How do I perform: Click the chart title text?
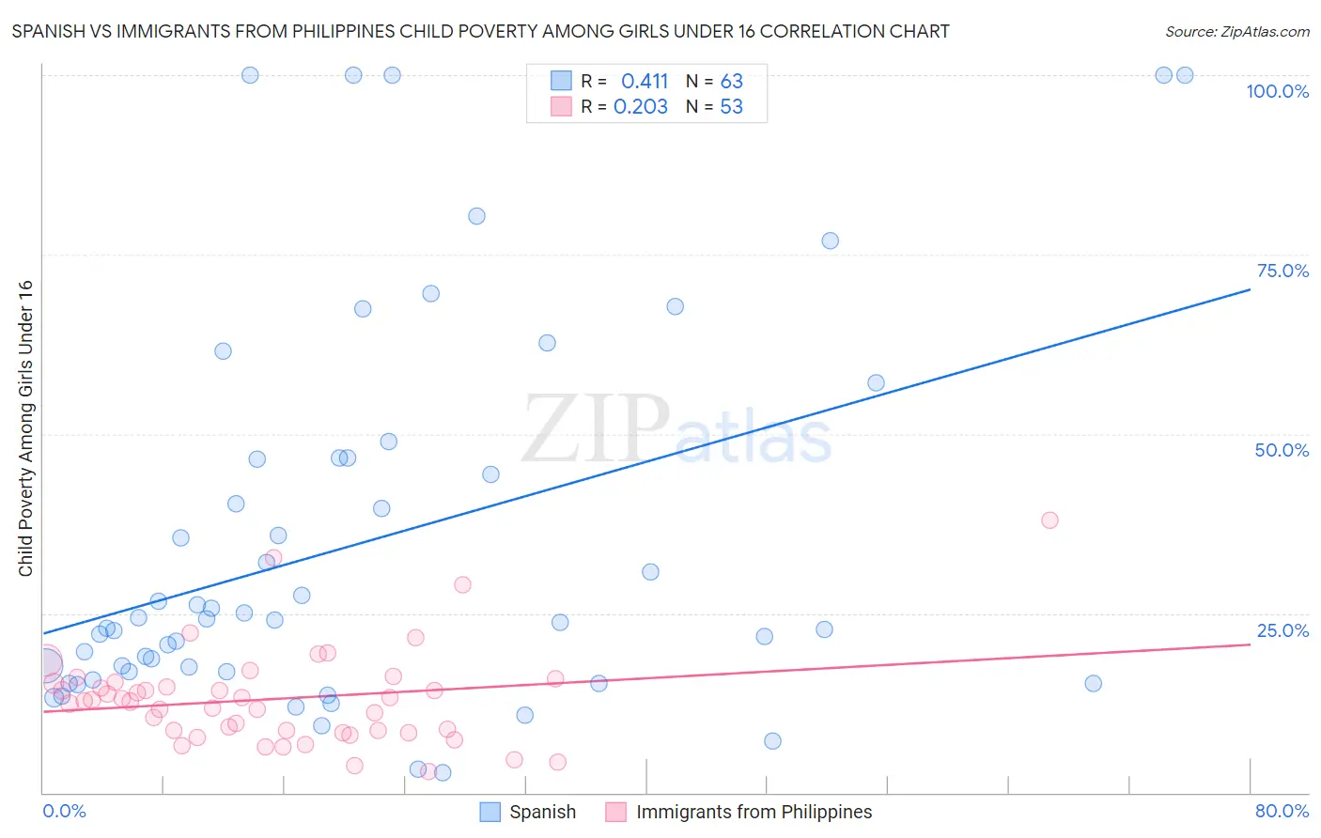480,31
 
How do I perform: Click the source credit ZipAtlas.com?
1236,31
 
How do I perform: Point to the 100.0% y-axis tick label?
1277,91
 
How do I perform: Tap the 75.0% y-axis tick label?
1282,271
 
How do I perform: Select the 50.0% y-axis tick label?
1282,450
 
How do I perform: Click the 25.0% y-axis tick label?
1282,629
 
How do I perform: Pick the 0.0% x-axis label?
64,811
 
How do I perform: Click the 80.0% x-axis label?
1282,811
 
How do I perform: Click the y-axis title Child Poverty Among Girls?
25,428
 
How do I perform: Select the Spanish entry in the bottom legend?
541,812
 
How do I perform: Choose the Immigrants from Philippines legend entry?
754,812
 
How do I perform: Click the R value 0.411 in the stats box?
645,82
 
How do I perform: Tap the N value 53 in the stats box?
731,107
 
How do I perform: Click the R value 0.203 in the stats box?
641,107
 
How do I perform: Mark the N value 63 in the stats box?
731,82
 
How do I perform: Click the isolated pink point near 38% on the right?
1049,520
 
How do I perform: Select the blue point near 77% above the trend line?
830,241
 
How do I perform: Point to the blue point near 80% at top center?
476,216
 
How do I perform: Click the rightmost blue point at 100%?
1185,75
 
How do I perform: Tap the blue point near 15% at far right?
1093,683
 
